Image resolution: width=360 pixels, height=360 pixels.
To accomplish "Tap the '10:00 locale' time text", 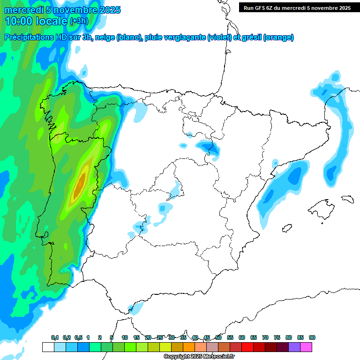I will point(36,21).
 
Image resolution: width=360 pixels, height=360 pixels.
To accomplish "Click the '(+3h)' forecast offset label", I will point(78,21).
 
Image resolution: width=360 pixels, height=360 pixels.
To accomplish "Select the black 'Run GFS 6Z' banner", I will point(297,7).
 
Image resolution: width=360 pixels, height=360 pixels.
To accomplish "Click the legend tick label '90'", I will point(312,337).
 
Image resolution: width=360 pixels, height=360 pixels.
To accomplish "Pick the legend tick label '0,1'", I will point(55,337).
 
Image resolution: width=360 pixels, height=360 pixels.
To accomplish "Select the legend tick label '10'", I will point(125,337).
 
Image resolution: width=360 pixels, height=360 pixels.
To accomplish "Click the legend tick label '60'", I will point(242,337).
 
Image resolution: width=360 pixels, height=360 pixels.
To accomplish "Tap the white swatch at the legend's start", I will point(48,347).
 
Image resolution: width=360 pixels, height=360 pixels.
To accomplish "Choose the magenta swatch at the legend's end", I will point(306,347).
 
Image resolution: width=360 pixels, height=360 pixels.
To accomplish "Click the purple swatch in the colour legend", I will point(294,347).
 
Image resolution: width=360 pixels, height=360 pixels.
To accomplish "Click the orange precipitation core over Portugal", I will point(81,181).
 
